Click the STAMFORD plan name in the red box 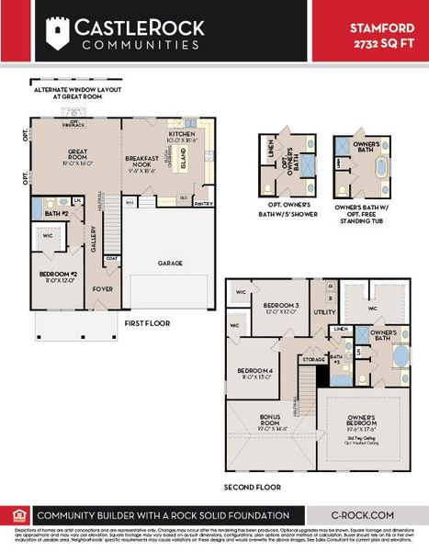click(376, 28)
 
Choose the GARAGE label click(170, 263)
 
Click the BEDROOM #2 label click(55, 275)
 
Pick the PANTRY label click(204, 204)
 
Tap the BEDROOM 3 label click(281, 306)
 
